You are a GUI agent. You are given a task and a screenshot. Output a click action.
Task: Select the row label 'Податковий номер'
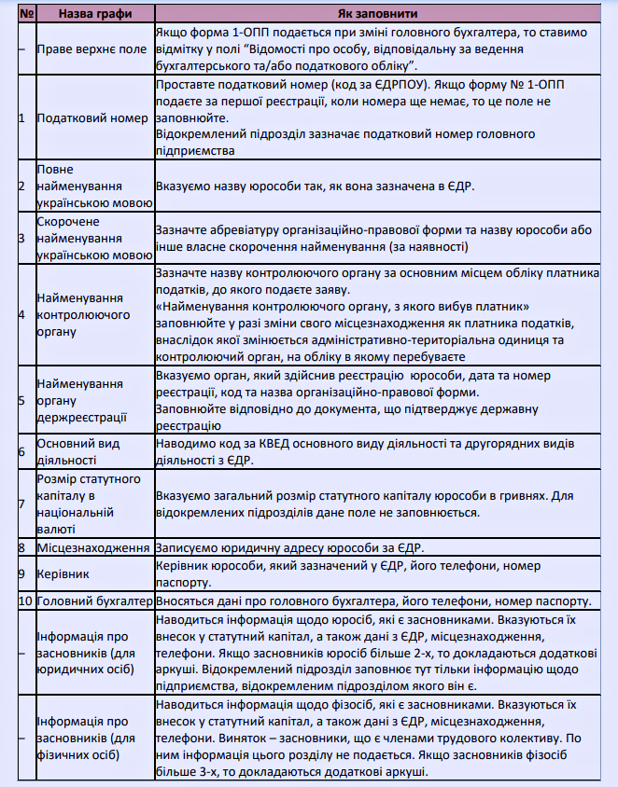pos(92,118)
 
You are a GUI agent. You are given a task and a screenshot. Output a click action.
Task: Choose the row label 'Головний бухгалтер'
pos(93,600)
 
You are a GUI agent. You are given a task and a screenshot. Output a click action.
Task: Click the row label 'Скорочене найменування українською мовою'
pos(93,239)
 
